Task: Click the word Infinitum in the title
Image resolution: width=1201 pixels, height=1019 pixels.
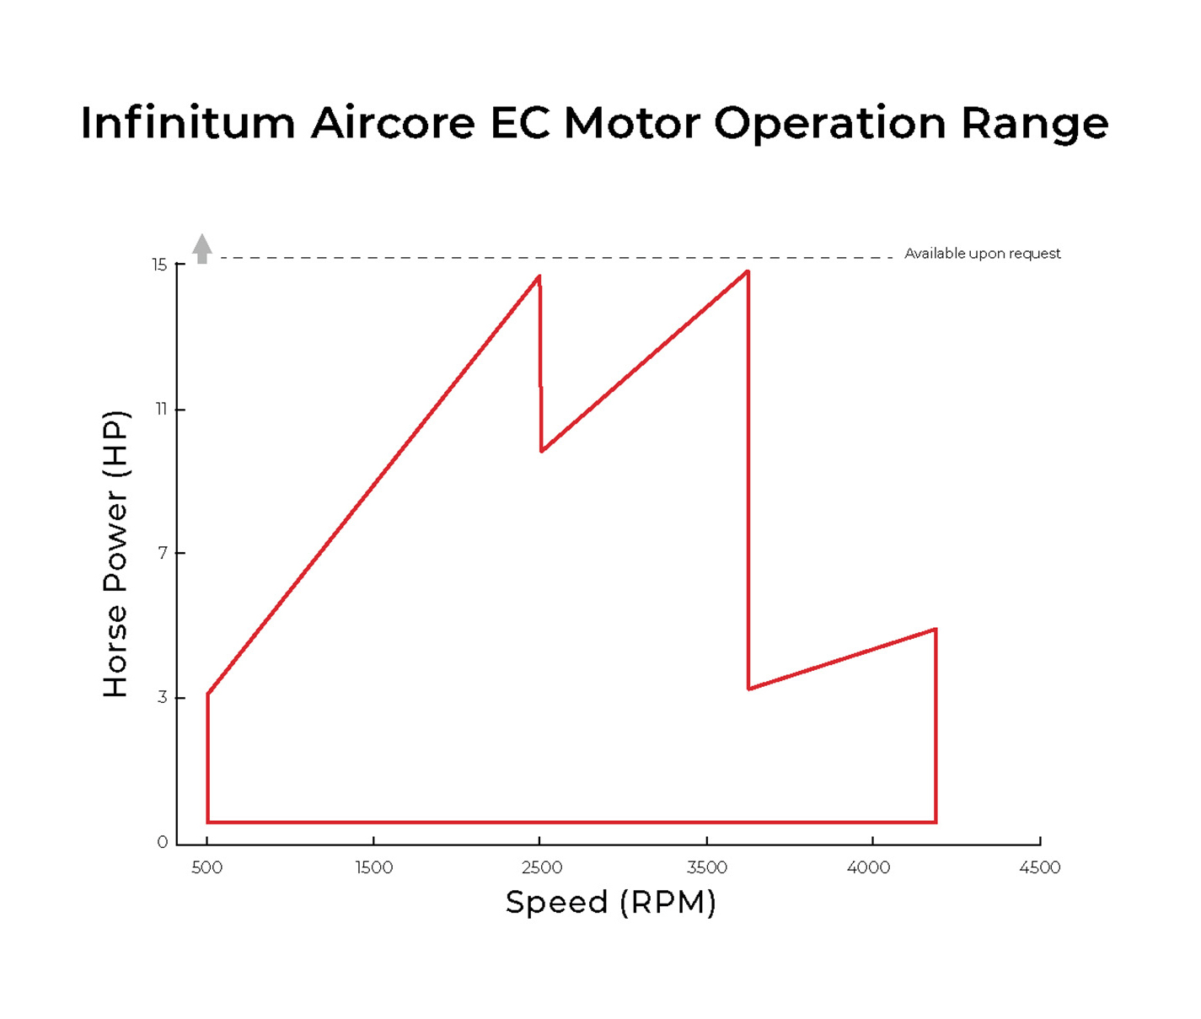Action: (x=188, y=123)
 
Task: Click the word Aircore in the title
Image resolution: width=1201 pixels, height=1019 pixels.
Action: (x=393, y=123)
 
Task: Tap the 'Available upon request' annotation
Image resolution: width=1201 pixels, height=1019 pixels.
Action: (x=982, y=254)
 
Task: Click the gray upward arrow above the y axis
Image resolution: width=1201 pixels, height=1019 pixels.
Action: (x=202, y=249)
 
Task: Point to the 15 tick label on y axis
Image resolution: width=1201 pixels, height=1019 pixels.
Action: (x=159, y=265)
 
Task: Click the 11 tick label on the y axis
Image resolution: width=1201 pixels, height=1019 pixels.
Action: (x=161, y=410)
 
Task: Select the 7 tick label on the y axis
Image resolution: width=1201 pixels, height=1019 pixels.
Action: (x=163, y=553)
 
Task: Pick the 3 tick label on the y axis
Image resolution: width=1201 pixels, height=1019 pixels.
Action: (x=162, y=698)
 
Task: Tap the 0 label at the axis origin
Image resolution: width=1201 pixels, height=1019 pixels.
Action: (x=163, y=842)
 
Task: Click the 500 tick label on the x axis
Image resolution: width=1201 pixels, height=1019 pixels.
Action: (x=206, y=868)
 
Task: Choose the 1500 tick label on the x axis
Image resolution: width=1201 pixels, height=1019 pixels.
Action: (x=373, y=868)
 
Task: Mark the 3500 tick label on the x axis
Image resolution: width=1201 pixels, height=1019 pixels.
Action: (x=706, y=868)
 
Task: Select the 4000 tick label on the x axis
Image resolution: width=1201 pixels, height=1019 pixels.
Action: (x=868, y=868)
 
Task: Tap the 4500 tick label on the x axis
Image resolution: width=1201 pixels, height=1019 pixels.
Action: (x=1039, y=868)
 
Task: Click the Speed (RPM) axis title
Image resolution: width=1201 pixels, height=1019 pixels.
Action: (x=610, y=903)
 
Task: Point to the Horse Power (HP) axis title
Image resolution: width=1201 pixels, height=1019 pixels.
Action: (x=115, y=554)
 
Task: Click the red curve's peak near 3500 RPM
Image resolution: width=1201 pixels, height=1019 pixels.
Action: (x=747, y=272)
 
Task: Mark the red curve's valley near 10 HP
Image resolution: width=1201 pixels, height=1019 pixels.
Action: (x=542, y=451)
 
